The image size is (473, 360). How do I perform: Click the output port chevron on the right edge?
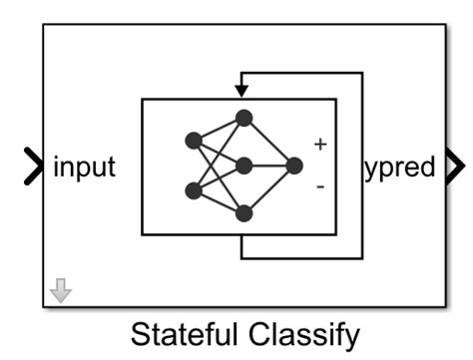click(454, 167)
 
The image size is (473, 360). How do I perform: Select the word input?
click(84, 167)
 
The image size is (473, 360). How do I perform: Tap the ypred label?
click(399, 167)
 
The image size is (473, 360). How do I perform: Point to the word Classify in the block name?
click(303, 334)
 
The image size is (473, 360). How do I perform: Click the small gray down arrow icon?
click(61, 290)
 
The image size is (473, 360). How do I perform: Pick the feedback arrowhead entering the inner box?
click(240, 91)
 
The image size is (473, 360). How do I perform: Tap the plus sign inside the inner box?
click(319, 144)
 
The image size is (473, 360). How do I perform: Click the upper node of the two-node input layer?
click(194, 141)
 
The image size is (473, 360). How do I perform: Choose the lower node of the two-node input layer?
click(194, 190)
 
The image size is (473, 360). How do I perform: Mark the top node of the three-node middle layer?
click(243, 118)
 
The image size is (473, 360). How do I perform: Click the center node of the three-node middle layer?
click(243, 166)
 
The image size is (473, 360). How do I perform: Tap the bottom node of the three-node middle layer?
click(243, 212)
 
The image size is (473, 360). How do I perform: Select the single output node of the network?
click(293, 166)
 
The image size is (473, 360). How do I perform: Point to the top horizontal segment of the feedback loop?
click(299, 73)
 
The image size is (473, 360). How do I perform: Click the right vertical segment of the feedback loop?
click(362, 165)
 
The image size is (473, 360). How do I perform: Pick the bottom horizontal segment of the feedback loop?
click(299, 257)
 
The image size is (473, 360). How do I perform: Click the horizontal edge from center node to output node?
click(268, 166)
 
